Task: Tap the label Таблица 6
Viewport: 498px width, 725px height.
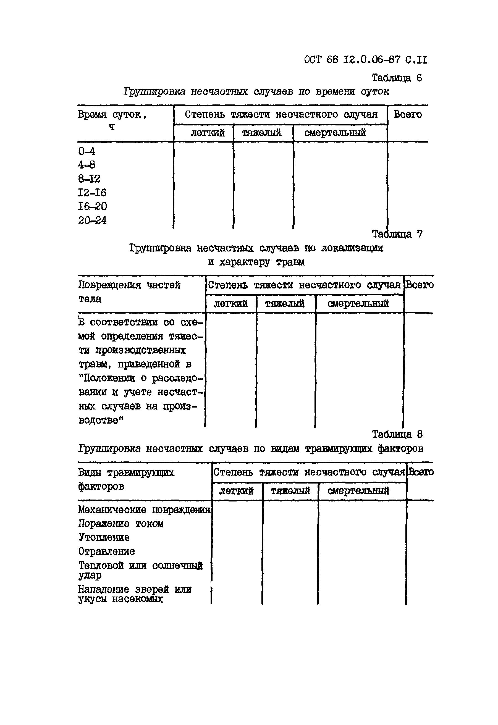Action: click(x=397, y=78)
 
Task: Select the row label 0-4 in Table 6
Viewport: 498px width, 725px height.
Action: click(x=87, y=151)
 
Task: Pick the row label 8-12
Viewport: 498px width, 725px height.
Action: click(x=89, y=179)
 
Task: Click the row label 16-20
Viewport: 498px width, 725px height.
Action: click(x=92, y=206)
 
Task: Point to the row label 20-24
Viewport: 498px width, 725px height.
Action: click(x=92, y=220)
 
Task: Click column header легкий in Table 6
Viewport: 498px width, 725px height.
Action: click(x=207, y=133)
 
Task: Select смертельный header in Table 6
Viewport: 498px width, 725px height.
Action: click(x=335, y=133)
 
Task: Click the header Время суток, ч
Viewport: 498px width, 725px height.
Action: click(x=112, y=120)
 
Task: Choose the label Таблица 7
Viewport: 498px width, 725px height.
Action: click(x=397, y=234)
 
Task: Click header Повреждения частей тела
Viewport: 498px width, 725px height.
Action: click(x=129, y=292)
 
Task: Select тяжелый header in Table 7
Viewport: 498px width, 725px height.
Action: click(x=284, y=304)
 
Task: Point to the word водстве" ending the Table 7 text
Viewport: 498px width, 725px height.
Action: click(x=101, y=421)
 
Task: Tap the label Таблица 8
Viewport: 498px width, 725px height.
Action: click(x=397, y=434)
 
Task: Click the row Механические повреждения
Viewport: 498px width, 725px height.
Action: click(x=144, y=510)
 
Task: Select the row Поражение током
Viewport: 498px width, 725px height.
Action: click(x=120, y=524)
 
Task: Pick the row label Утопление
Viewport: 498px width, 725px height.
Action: click(x=104, y=537)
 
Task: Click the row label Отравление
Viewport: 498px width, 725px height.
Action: click(x=106, y=551)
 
